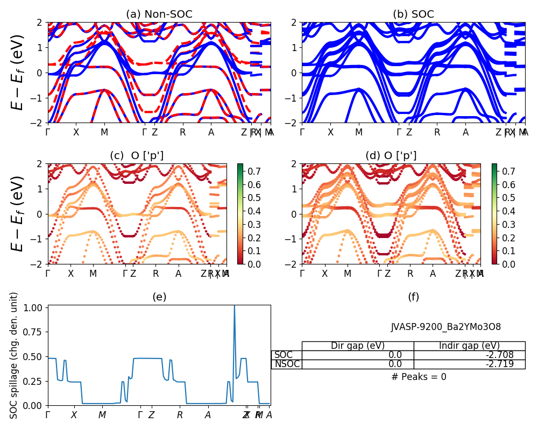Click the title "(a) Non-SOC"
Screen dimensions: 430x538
point(159,15)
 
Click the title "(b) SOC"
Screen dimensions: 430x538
point(413,15)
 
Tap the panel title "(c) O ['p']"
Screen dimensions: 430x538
point(137,155)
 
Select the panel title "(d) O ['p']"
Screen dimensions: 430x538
point(391,155)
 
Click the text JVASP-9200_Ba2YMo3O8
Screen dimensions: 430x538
point(445,327)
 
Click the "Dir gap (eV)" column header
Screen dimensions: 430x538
point(358,346)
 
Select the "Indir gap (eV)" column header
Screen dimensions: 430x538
point(469,346)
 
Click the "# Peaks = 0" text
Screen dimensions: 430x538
point(419,377)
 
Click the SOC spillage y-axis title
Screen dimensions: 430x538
point(15,355)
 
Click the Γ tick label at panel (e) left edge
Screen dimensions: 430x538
point(48,415)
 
